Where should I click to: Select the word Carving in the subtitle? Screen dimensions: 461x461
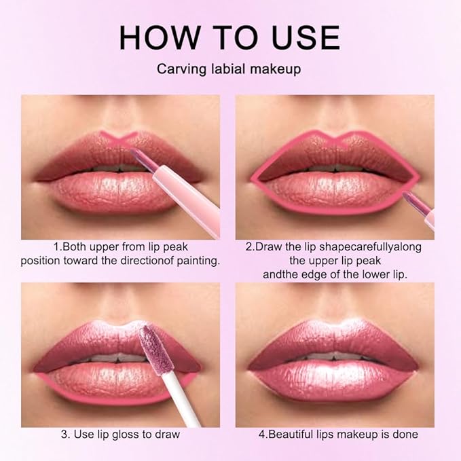coord(177,69)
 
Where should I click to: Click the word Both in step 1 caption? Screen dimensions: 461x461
coord(78,246)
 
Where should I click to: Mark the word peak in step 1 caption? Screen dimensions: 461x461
coord(181,246)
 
